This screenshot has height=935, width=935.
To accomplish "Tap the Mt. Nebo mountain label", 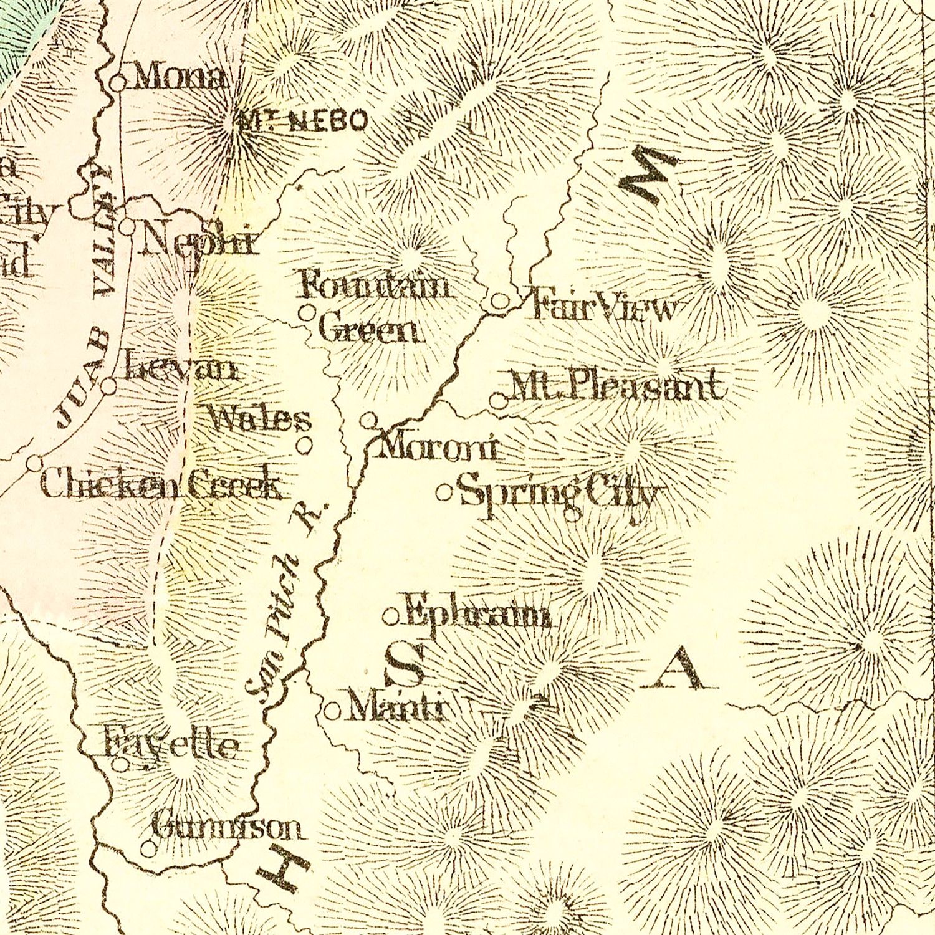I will click(302, 120).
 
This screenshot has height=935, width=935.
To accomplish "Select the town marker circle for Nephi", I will click(127, 226).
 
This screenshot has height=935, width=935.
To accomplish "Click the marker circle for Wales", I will click(305, 445).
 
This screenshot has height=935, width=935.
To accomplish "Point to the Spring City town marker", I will click(444, 493).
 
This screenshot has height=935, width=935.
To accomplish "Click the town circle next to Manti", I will click(333, 711).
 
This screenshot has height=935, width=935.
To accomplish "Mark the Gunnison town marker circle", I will click(148, 848).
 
